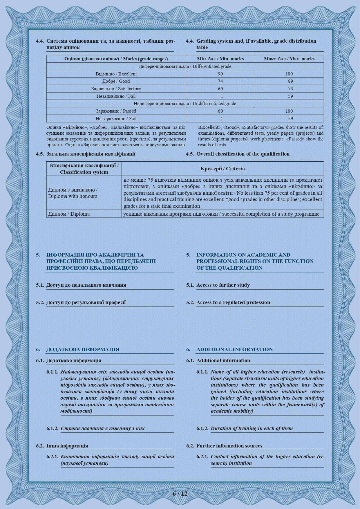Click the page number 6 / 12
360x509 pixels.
tap(180, 493)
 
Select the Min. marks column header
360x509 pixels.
tap(220, 59)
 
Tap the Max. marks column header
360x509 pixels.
tap(289, 59)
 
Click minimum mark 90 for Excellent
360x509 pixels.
tap(220, 74)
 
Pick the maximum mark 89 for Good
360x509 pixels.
tap(290, 81)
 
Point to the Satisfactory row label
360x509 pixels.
tap(116, 89)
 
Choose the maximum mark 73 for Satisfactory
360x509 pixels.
tap(290, 89)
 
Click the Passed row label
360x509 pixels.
tap(116, 111)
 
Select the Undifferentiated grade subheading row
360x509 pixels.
tap(185, 104)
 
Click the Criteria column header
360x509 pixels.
tap(222, 169)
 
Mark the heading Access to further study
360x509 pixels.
tap(223, 285)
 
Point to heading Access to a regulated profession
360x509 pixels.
tap(233, 302)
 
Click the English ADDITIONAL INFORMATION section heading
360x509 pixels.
tap(234, 349)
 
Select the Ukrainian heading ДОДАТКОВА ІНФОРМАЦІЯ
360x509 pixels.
tap(83, 349)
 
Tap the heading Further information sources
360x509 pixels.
tap(229, 446)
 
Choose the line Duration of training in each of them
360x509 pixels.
tap(252, 428)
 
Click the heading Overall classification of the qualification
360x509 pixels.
tap(243, 154)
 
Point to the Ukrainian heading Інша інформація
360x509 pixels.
tap(67, 446)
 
